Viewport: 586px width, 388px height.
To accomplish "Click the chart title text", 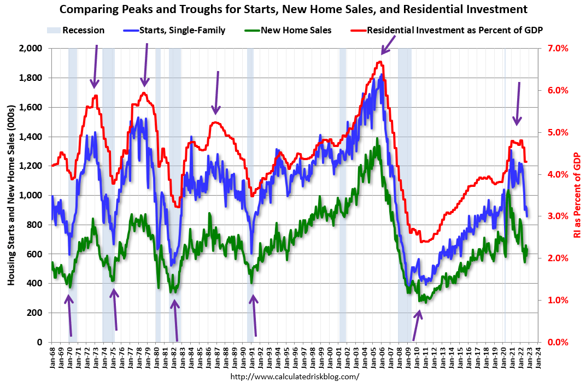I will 294,9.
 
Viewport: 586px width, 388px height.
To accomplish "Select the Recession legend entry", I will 83,30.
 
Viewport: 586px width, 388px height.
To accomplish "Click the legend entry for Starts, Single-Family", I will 183,30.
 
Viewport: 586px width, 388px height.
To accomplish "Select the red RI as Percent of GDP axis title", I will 577,195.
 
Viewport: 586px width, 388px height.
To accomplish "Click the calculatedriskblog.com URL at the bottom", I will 295,377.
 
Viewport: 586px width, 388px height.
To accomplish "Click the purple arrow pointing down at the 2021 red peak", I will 518,103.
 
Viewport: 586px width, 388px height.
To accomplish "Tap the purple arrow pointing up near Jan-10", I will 417,325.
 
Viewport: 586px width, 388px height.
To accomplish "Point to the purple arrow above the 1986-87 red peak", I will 216,93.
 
